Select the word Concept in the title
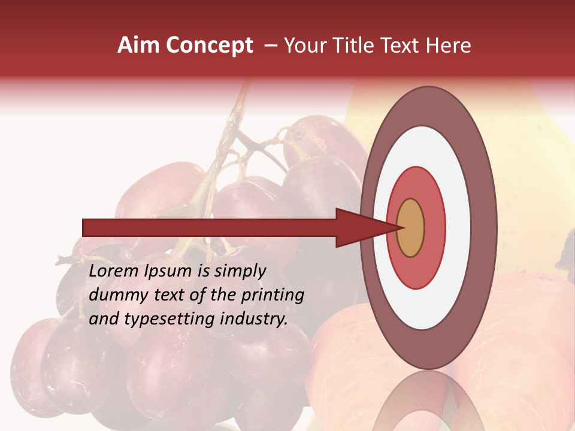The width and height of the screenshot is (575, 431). tap(210, 45)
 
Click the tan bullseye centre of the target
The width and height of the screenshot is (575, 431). tap(410, 228)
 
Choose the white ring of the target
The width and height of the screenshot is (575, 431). tap(458, 228)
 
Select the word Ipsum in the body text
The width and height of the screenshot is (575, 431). tap(168, 272)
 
